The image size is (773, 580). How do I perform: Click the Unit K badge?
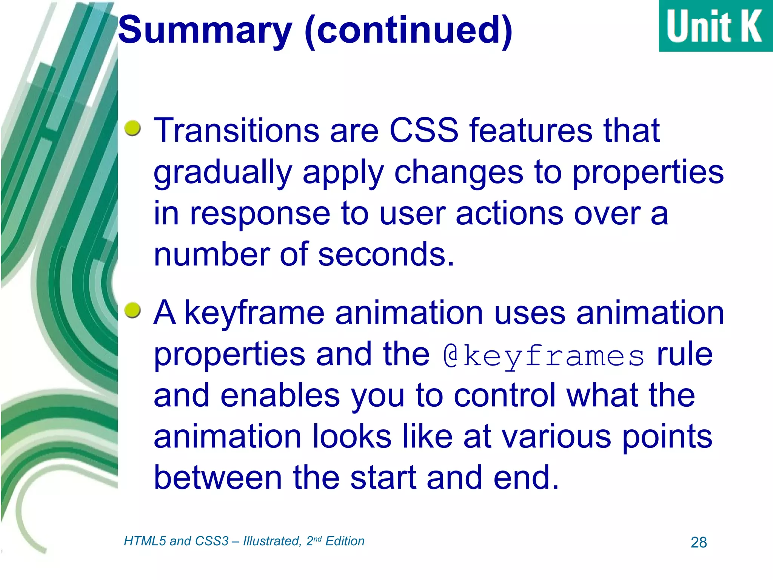pyautogui.click(x=715, y=26)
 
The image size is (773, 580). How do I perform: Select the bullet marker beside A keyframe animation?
pyautogui.click(x=132, y=310)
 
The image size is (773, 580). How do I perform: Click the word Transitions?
pyautogui.click(x=236, y=131)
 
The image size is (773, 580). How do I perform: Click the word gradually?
pyautogui.click(x=223, y=173)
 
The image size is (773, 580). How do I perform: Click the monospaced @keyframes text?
pyautogui.click(x=544, y=356)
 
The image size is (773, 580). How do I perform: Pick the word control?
pyautogui.click(x=505, y=395)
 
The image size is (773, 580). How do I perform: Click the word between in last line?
pyautogui.click(x=218, y=478)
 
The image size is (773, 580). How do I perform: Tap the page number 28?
pyautogui.click(x=699, y=543)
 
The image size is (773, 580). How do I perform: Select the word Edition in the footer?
pyautogui.click(x=345, y=541)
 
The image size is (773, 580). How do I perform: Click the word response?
pyautogui.click(x=260, y=214)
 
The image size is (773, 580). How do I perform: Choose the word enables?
pyautogui.click(x=280, y=395)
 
